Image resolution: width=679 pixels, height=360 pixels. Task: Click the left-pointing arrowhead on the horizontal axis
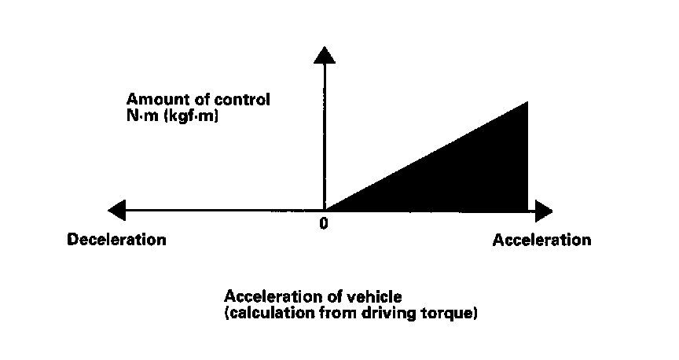tap(117, 211)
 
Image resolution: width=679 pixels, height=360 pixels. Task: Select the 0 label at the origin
tap(323, 223)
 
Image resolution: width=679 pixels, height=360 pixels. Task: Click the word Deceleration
tap(117, 240)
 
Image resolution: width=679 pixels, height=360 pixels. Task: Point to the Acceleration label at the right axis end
tap(541, 240)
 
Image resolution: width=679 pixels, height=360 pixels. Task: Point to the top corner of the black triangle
tap(526, 103)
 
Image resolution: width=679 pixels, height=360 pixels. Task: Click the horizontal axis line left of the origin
tap(220, 211)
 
